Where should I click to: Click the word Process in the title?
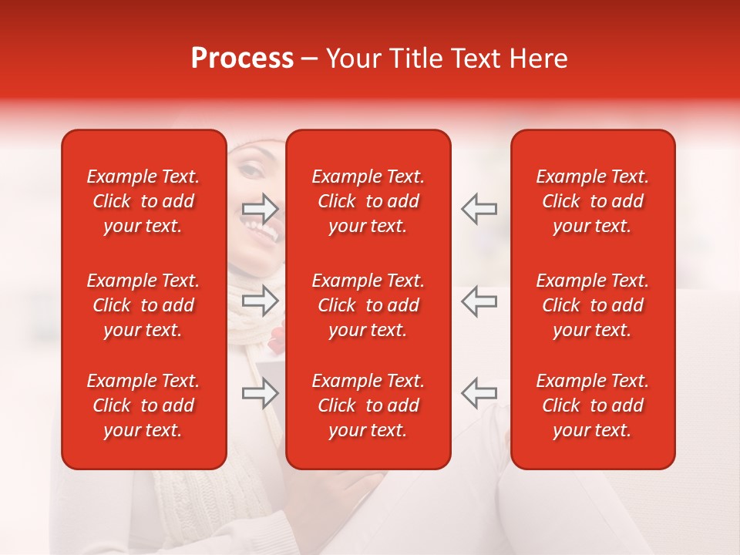click(x=242, y=59)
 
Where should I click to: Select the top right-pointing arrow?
click(x=261, y=208)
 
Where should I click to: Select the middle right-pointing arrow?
click(x=261, y=301)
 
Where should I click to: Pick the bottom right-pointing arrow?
click(x=261, y=394)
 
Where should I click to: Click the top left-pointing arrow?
click(x=479, y=208)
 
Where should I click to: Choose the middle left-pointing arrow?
click(x=479, y=301)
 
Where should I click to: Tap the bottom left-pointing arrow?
click(x=479, y=392)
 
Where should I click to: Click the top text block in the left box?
click(x=143, y=201)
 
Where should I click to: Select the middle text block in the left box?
click(x=143, y=305)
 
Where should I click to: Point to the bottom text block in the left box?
click(x=143, y=405)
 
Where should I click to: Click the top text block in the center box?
click(x=368, y=201)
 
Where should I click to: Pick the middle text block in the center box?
click(x=368, y=305)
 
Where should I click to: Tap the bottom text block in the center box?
click(x=368, y=405)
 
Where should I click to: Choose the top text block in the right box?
click(x=592, y=201)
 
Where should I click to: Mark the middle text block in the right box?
click(x=592, y=305)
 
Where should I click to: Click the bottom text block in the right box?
click(x=592, y=405)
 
